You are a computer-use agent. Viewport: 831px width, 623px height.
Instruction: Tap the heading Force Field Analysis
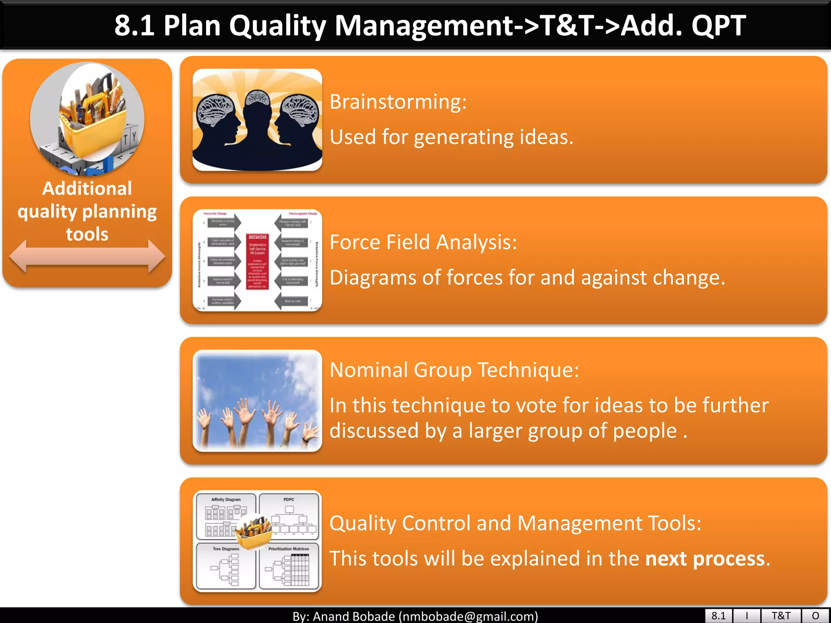[423, 242]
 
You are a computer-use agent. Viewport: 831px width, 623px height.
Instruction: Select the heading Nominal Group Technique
[454, 370]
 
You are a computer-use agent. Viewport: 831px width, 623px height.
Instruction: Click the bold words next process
[705, 559]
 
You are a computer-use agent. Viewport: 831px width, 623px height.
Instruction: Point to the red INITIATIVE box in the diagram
[257, 261]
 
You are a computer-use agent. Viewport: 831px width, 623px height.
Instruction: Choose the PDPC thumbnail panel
[289, 515]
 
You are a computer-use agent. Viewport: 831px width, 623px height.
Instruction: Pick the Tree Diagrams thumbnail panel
[226, 566]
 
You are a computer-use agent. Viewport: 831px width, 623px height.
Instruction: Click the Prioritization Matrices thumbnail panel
[289, 566]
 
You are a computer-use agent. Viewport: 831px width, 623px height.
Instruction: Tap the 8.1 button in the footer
[718, 616]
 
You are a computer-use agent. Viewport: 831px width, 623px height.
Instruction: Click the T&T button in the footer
[781, 616]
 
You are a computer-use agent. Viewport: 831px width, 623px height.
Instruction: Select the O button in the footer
[815, 616]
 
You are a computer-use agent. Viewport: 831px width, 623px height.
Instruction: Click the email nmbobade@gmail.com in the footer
[468, 617]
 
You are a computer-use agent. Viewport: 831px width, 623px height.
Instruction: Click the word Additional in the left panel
[87, 189]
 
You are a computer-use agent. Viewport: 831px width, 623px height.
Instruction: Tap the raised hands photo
[257, 401]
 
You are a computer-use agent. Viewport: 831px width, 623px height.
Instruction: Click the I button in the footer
[747, 616]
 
